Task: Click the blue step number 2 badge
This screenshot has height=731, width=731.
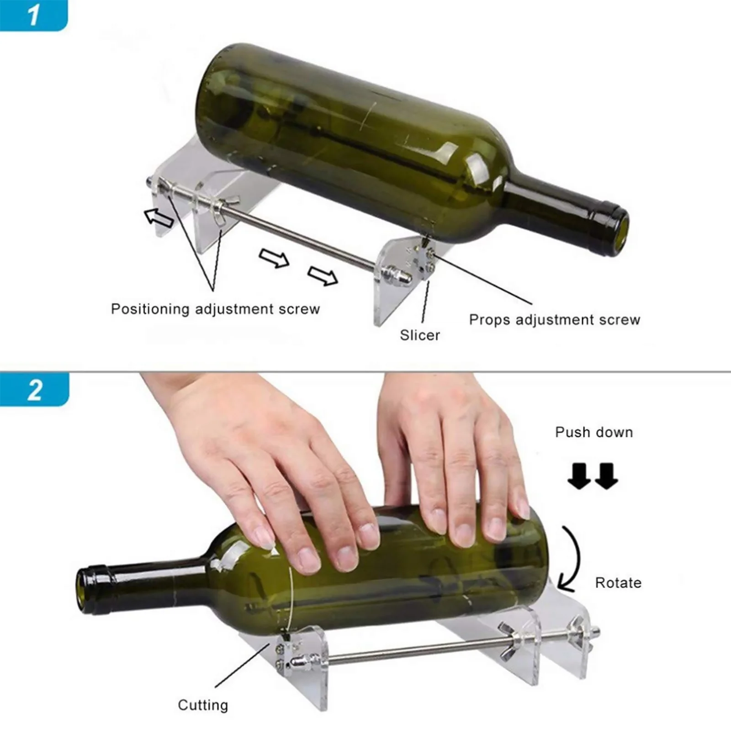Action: point(34,389)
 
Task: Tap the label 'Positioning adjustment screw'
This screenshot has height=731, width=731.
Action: point(215,309)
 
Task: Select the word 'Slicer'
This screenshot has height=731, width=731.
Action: point(419,335)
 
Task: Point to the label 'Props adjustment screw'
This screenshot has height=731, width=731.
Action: point(554,320)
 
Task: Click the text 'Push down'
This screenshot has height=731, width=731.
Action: point(593,432)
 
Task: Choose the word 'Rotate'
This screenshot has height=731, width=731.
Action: point(618,583)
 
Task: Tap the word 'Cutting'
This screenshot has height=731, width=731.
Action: point(202,705)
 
